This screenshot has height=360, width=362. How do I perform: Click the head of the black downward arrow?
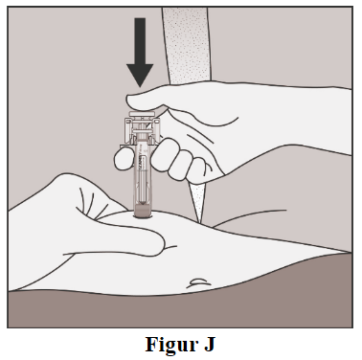pos(140,74)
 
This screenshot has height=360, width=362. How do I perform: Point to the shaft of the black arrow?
pos(140,41)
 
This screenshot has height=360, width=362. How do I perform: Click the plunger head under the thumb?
pos(142,114)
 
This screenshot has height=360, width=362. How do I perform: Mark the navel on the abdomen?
pos(198,282)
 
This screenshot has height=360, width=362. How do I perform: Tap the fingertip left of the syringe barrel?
pos(124,159)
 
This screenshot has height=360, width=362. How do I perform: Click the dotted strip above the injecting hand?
pos(187,45)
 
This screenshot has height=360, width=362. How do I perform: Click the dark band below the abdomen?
pos(180,308)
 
